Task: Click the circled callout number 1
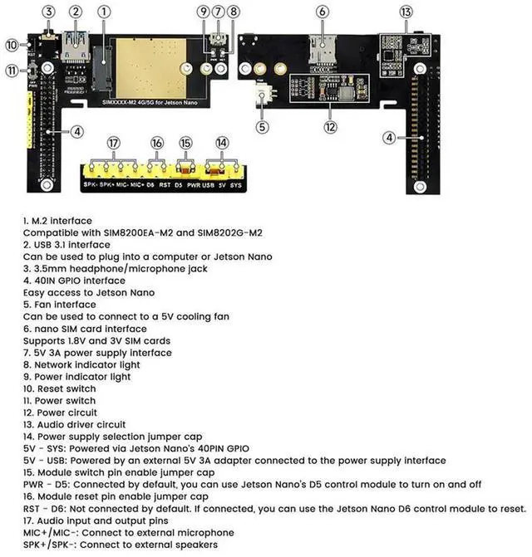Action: click(104, 12)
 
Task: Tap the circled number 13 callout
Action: click(406, 12)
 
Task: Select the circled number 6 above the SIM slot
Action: click(321, 12)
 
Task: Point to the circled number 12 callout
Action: click(331, 127)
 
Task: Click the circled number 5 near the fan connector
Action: click(262, 127)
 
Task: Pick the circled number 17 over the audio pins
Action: click(114, 143)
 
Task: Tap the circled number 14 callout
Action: click(221, 143)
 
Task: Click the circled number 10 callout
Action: click(12, 45)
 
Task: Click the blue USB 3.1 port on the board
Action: click(76, 45)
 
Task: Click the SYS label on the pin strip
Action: click(236, 186)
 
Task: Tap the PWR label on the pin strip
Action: click(193, 186)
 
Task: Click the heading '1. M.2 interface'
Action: click(57, 221)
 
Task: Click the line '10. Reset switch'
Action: click(59, 388)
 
